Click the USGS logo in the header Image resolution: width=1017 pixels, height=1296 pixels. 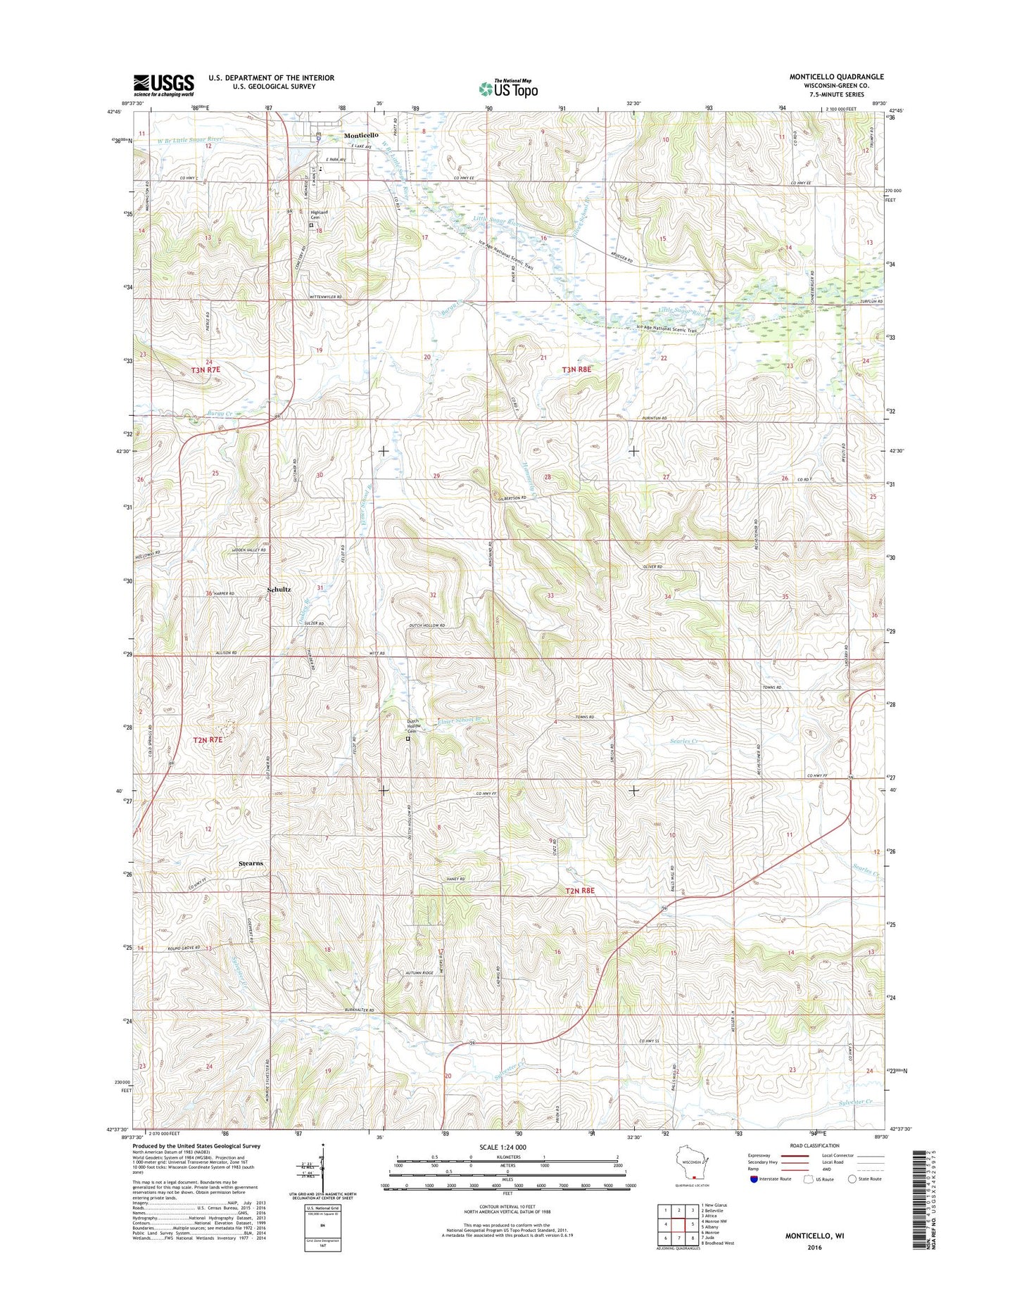coord(163,85)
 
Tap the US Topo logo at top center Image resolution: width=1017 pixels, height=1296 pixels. coord(508,89)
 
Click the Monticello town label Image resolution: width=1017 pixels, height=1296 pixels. coord(361,135)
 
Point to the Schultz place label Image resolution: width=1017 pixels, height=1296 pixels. coord(279,589)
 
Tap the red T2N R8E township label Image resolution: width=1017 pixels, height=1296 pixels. coord(580,891)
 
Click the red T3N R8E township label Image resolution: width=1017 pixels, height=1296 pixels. coord(577,369)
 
